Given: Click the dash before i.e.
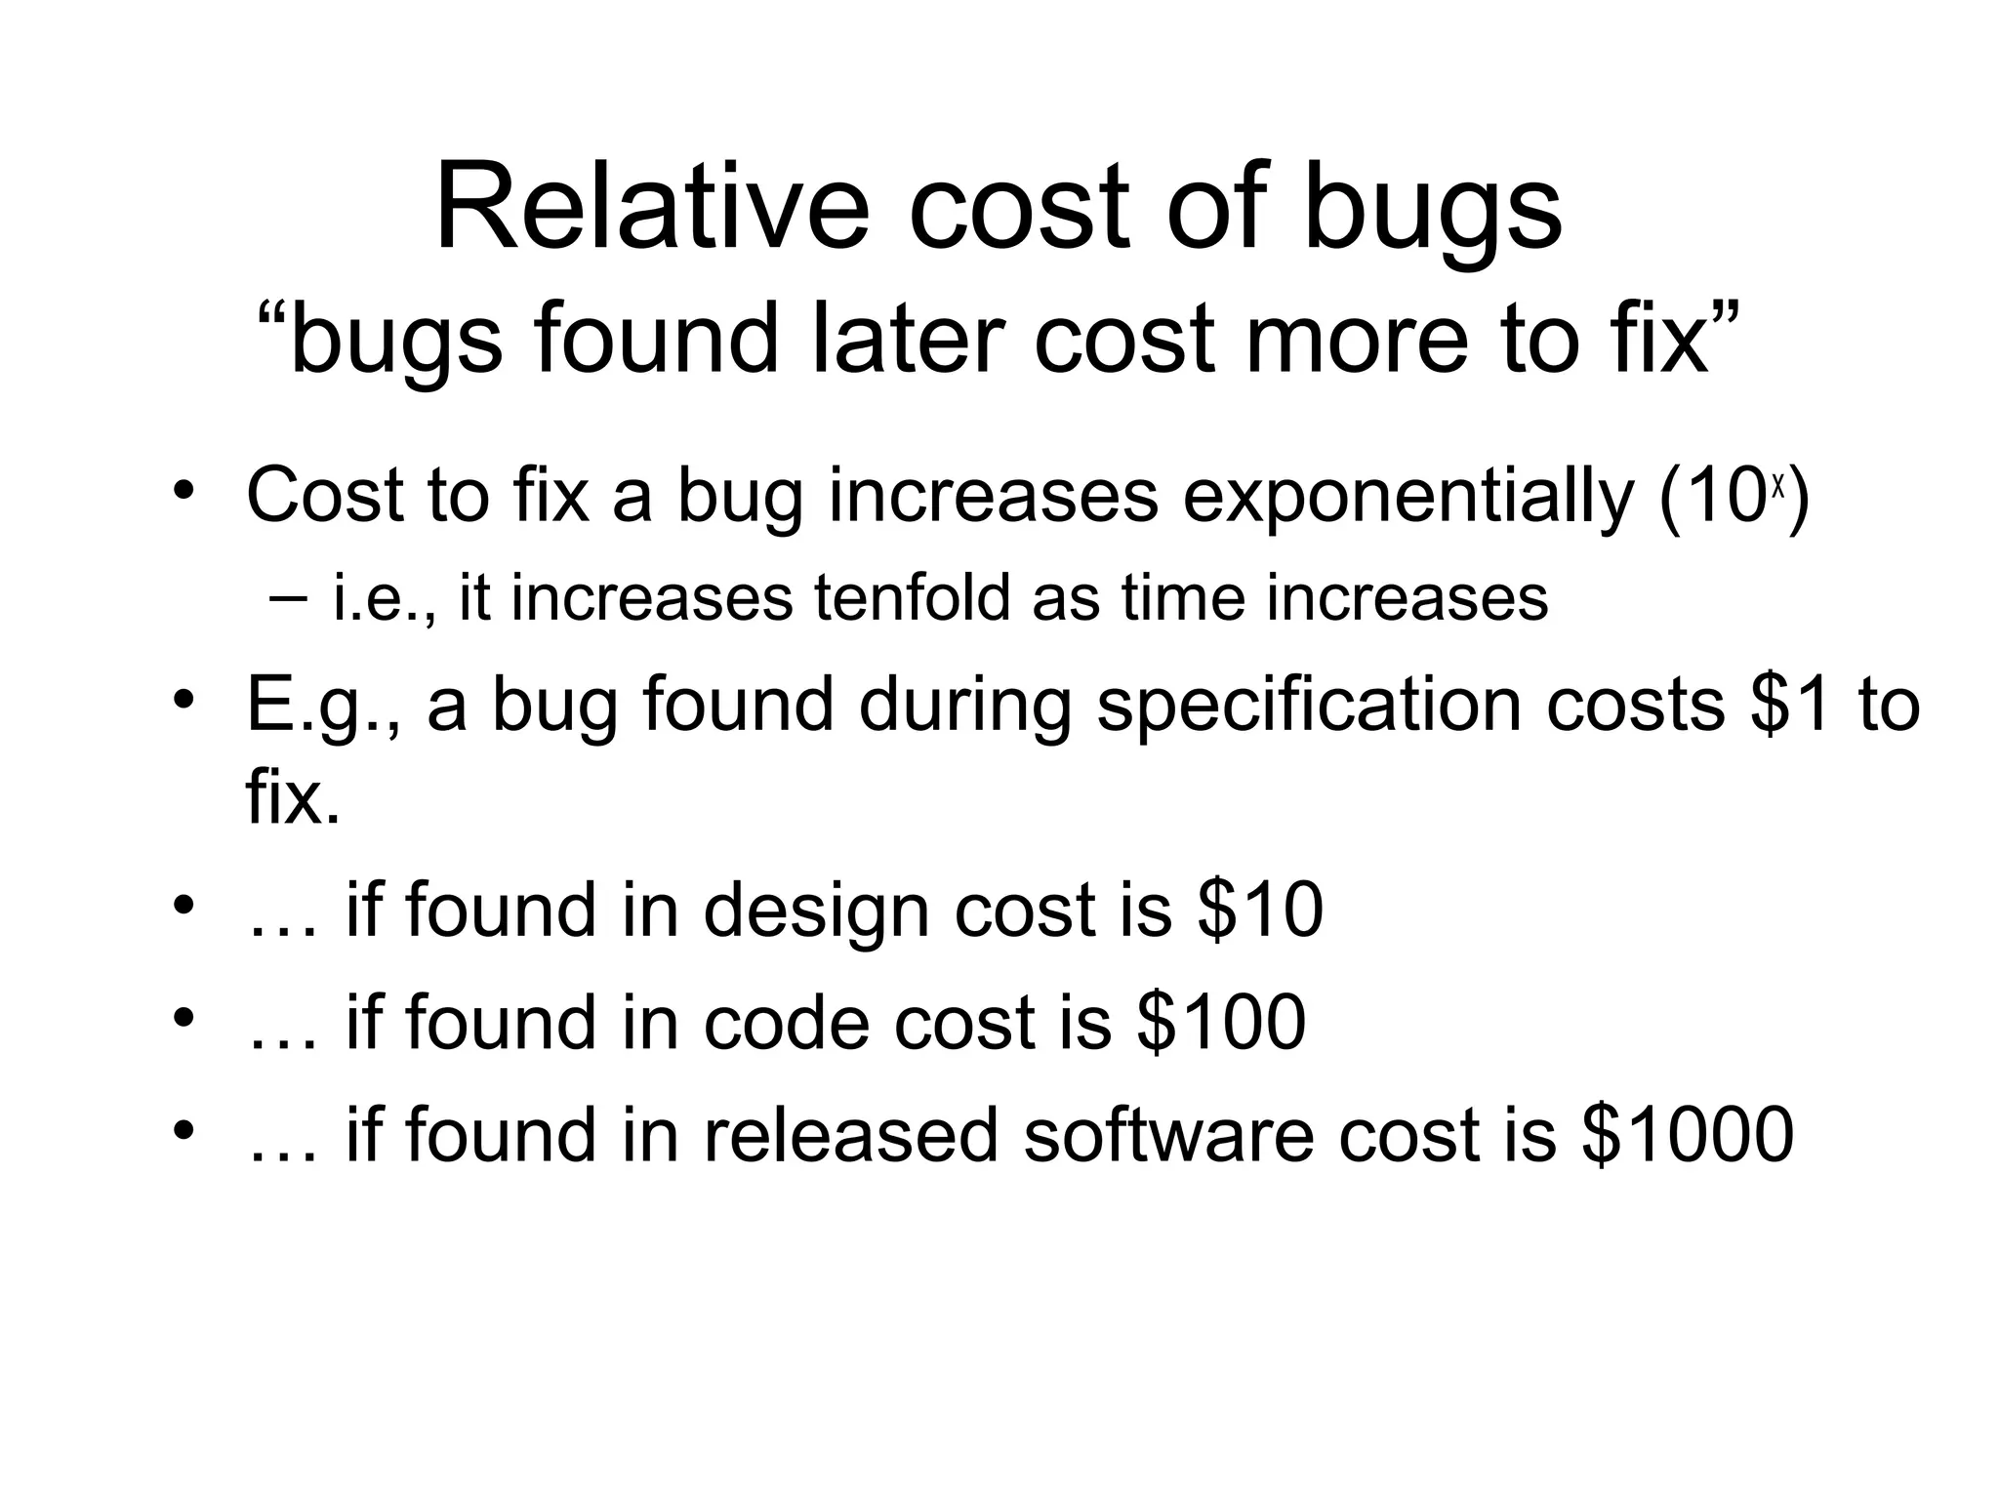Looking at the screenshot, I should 289,596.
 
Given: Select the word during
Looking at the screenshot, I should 966,705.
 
